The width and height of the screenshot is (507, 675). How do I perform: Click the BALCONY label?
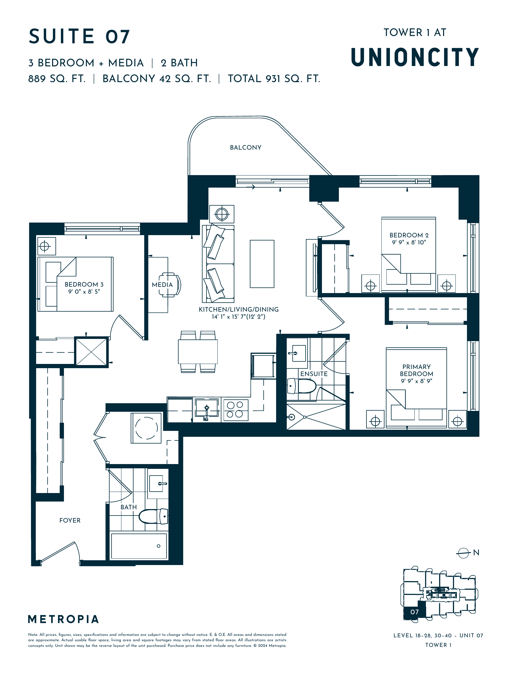(245, 147)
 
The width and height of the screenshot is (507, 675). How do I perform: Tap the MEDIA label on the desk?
(162, 285)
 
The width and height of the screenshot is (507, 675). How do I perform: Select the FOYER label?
(70, 520)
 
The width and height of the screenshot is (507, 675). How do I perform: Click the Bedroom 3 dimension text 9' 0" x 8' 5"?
(84, 291)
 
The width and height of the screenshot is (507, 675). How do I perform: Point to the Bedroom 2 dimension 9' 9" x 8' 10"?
(409, 242)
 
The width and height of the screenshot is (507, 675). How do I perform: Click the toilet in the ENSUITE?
(302, 386)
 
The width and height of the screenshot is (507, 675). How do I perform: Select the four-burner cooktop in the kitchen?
(236, 410)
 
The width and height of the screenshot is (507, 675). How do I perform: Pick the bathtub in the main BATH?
(139, 546)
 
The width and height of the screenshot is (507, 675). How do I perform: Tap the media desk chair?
(170, 285)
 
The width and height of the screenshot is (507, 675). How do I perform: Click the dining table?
(198, 352)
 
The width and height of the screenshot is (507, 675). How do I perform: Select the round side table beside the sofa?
(222, 214)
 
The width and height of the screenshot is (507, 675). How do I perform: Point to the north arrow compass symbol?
(463, 553)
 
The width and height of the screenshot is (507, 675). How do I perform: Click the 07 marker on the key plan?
(414, 612)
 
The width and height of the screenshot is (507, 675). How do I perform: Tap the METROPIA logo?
(63, 619)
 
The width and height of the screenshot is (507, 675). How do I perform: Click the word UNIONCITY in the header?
(415, 57)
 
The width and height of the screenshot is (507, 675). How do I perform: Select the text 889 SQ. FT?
(57, 79)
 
